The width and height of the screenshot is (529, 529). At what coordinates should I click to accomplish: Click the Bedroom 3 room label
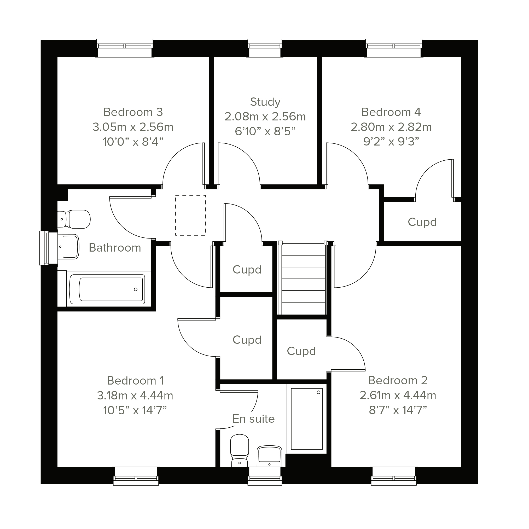[133, 112]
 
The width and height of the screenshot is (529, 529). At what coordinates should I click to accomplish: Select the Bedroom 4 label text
[391, 112]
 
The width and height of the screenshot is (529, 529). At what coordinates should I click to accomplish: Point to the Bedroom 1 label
[135, 381]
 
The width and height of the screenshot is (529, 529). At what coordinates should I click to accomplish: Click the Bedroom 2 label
[398, 380]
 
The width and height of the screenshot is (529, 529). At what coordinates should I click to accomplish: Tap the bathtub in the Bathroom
[107, 289]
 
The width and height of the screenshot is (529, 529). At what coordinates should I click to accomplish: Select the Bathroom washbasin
[68, 246]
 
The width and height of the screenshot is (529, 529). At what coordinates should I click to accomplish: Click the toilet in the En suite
[240, 450]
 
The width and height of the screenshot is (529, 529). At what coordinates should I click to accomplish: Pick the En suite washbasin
[269, 456]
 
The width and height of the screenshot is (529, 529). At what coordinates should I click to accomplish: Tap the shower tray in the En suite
[307, 419]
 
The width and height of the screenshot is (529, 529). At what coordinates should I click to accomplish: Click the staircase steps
[303, 279]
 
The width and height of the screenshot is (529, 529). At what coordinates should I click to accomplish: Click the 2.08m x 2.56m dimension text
[265, 117]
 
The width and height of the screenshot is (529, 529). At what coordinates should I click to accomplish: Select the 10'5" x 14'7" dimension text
[135, 410]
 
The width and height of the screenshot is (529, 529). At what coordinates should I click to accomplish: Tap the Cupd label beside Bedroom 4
[422, 222]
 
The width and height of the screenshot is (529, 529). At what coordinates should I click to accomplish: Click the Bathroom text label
[115, 248]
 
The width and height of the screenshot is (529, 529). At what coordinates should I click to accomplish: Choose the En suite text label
[254, 419]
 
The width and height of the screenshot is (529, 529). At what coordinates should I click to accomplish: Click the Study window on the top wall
[265, 48]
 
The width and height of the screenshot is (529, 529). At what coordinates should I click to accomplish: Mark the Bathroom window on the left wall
[49, 248]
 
